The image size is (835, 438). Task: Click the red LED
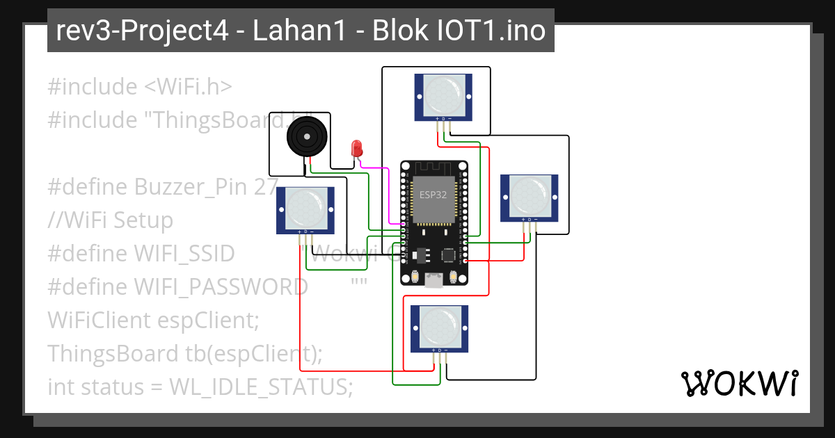(357, 148)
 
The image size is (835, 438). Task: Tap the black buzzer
(305, 136)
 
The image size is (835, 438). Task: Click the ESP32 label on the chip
(433, 195)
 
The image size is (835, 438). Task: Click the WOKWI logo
(739, 382)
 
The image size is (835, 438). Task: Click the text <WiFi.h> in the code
(188, 87)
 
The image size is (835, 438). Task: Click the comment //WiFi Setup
(110, 220)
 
